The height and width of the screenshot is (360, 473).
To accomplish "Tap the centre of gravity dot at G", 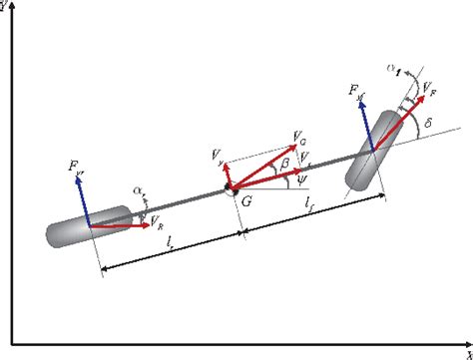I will click(x=229, y=187).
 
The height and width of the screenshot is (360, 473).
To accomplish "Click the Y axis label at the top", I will click(x=5, y=6).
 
